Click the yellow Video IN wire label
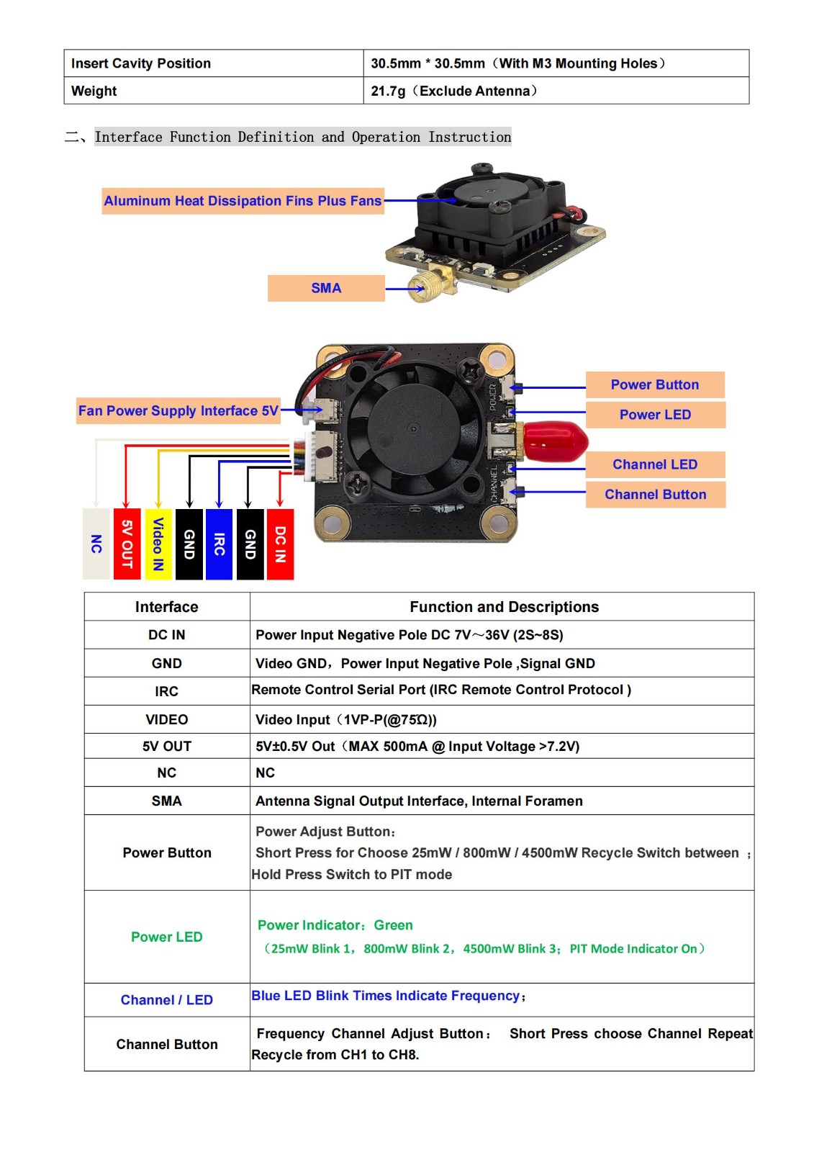[158, 544]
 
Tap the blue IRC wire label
[219, 544]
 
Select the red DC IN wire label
[280, 544]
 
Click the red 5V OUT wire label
[127, 544]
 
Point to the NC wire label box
[96, 544]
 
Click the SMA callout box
[326, 288]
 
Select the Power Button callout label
[654, 384]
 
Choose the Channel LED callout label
[654, 464]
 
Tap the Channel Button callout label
[655, 495]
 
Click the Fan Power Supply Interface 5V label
[178, 410]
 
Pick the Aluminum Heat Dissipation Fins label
[243, 201]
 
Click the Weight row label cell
[213, 91]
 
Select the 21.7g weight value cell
[556, 91]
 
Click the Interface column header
[166, 607]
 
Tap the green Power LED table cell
[166, 937]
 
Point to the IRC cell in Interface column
[166, 691]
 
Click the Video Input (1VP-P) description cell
[502, 719]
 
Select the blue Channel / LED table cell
[166, 1000]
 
